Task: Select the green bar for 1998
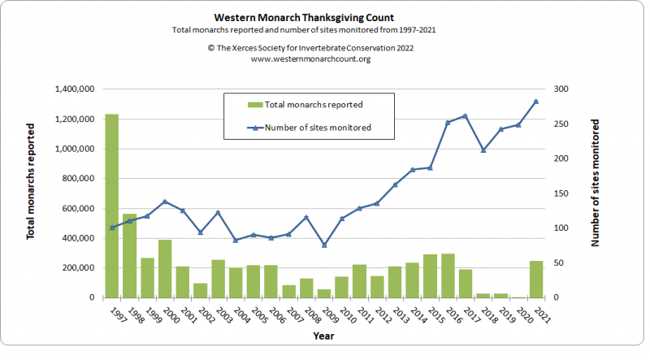coord(130,255)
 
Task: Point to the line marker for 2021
coord(536,102)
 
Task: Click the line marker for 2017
coord(465,115)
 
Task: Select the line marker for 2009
coord(324,245)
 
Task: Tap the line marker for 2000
coord(165,202)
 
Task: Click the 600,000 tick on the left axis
coord(79,209)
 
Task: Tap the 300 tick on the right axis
coord(562,89)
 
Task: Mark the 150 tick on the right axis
coord(562,193)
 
